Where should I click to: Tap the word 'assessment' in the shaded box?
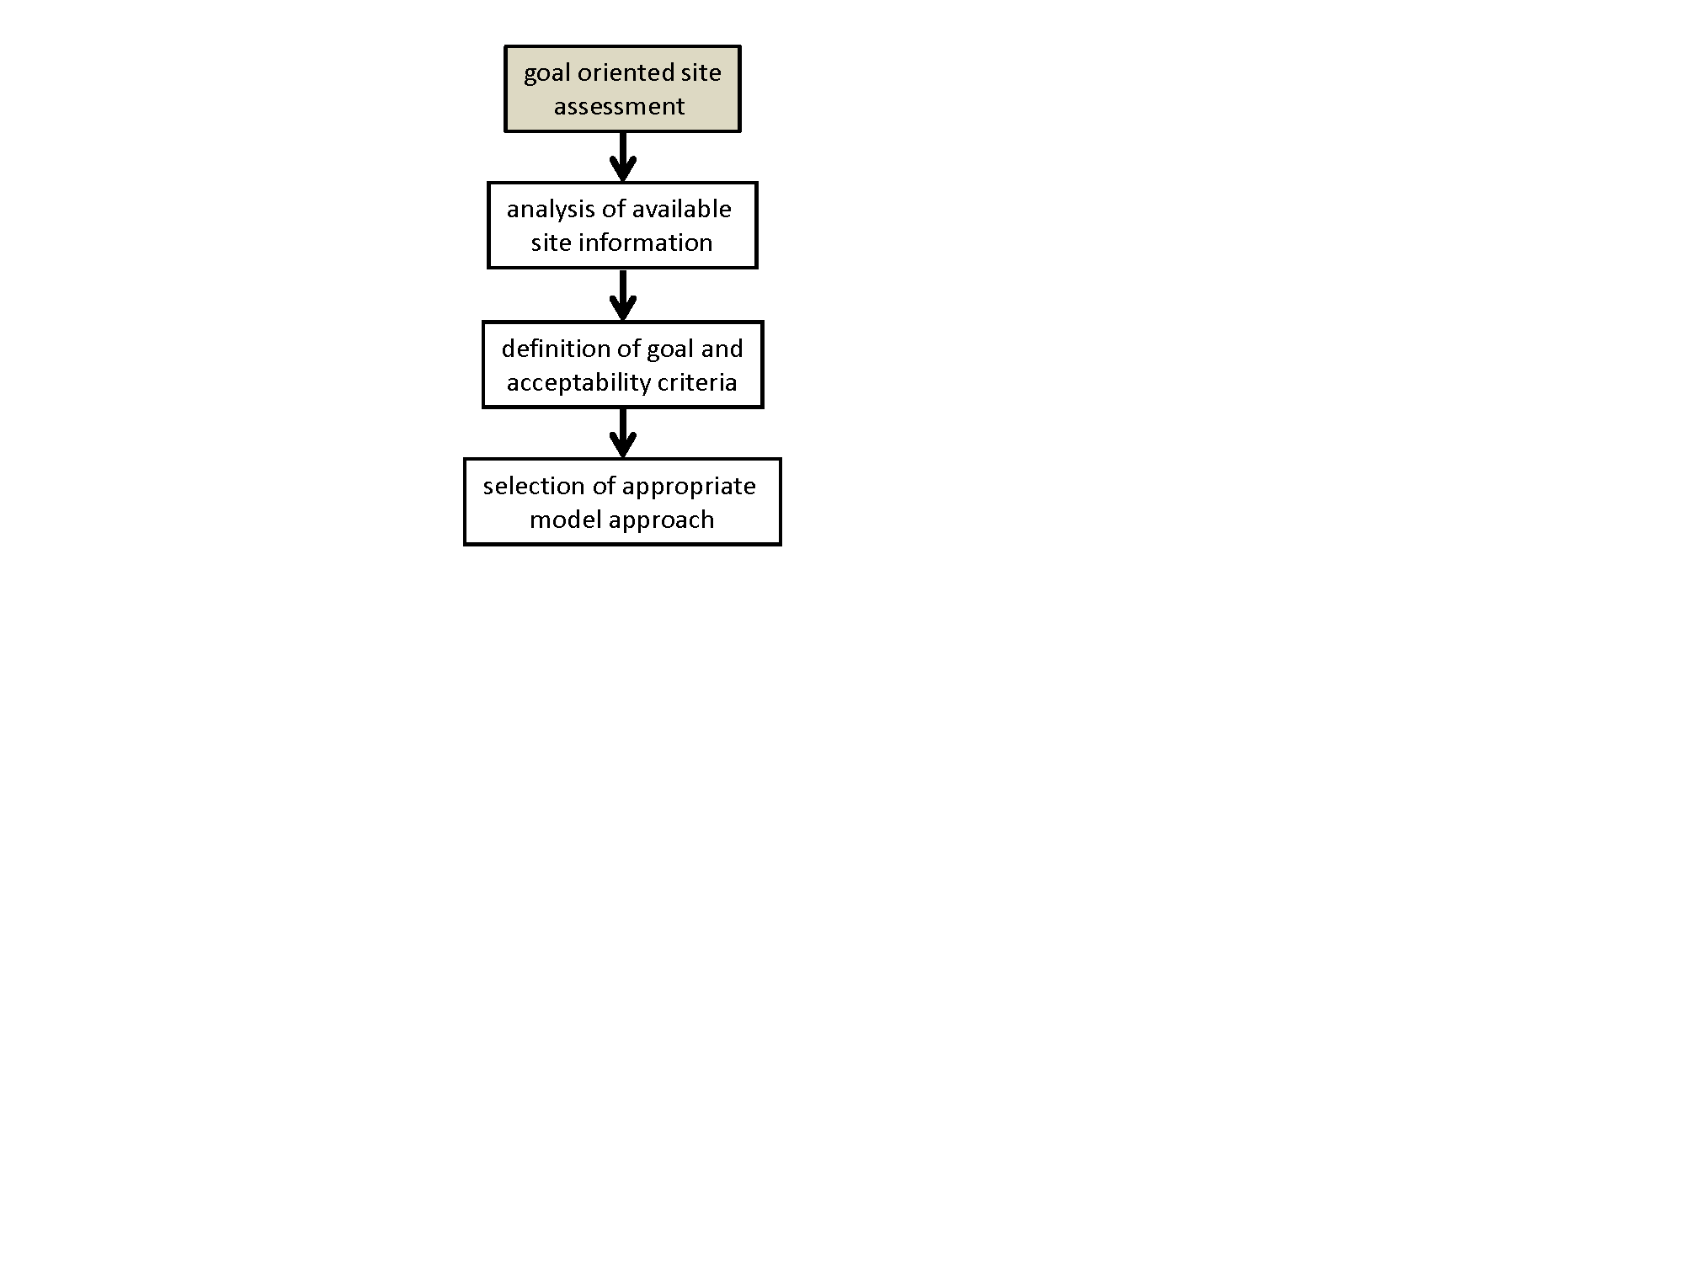click(619, 107)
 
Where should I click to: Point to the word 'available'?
click(681, 209)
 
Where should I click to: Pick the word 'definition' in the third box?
click(555, 349)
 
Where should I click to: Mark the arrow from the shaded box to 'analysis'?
click(622, 157)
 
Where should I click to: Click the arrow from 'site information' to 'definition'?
click(622, 295)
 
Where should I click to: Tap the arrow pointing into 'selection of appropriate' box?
click(622, 434)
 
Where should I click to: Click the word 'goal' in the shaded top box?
click(546, 74)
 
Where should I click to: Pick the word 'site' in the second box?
click(551, 242)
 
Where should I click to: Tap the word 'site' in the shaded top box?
click(701, 72)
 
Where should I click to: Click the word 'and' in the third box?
click(722, 349)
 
